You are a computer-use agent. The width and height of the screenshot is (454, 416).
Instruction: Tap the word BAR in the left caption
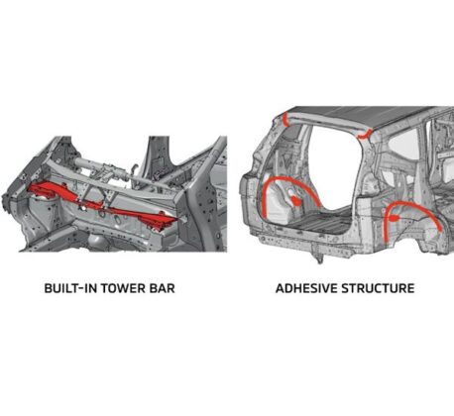[162, 288]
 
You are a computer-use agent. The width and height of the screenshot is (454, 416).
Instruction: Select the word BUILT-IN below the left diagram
[70, 288]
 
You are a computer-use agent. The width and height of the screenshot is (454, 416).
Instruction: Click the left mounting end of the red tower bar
[45, 191]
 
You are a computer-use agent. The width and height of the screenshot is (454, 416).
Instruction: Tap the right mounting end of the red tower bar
[159, 221]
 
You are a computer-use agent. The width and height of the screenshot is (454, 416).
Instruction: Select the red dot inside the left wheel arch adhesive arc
[296, 200]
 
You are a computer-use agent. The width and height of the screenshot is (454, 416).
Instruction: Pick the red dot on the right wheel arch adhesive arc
[394, 218]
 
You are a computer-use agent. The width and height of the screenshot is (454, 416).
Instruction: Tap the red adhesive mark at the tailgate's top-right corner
[364, 135]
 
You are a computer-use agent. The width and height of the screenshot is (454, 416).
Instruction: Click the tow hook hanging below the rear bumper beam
[319, 257]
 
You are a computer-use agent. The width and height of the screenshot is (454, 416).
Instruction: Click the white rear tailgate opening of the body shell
[334, 168]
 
